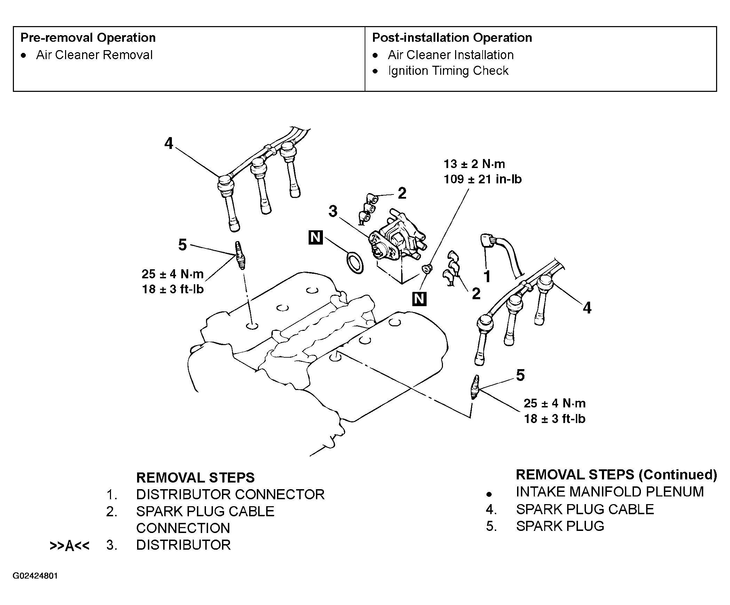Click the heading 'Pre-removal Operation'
[88, 38]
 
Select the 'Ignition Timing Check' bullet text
[448, 71]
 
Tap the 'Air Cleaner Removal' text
[94, 55]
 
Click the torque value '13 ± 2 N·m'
[474, 164]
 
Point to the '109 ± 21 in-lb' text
[483, 179]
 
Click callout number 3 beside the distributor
[333, 211]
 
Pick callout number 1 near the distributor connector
[487, 277]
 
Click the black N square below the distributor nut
[419, 299]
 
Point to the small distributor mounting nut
[427, 268]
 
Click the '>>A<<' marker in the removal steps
[70, 546]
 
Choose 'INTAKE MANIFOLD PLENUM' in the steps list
[610, 492]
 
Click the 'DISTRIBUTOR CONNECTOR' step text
[230, 494]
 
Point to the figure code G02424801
[35, 576]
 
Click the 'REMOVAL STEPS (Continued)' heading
[616, 475]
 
